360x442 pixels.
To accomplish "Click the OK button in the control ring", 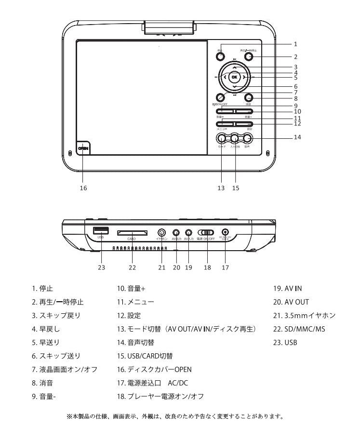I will tap(234, 77).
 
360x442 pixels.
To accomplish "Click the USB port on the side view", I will tap(100, 230).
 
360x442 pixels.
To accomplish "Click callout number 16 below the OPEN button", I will tap(83, 188).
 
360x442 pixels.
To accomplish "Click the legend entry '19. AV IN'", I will tap(288, 289).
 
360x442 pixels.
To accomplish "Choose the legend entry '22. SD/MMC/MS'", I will tap(298, 329).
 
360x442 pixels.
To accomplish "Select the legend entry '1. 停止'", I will tap(42, 289).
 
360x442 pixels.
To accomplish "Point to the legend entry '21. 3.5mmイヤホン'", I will tap(304, 316).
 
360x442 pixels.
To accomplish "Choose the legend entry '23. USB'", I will tap(285, 343).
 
